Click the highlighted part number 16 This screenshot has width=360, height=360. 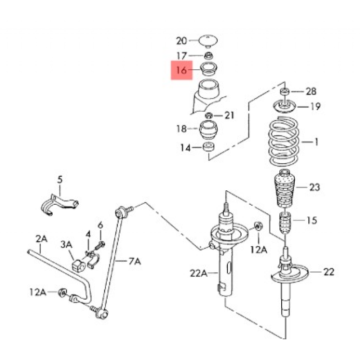(x=181, y=70)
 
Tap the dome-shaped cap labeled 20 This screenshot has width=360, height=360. (x=208, y=41)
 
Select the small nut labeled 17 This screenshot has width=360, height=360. (x=208, y=56)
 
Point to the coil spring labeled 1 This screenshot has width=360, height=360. (x=284, y=141)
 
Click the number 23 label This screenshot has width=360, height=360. (x=315, y=187)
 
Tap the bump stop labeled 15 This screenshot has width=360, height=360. (x=285, y=223)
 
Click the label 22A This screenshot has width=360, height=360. (x=198, y=273)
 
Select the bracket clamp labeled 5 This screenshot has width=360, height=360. (x=59, y=205)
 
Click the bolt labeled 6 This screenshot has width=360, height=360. (x=100, y=245)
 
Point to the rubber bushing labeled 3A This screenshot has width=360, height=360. (x=79, y=265)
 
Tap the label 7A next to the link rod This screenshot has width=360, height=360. (x=135, y=261)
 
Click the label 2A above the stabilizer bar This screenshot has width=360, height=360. (x=41, y=239)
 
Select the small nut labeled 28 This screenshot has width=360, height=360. (x=285, y=91)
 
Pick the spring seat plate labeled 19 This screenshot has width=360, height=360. (x=284, y=106)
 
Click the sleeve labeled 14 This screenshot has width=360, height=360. (x=209, y=147)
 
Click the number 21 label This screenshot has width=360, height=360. (x=229, y=115)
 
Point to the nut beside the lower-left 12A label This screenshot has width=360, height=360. (x=62, y=292)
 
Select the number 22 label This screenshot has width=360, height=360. (x=329, y=272)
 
